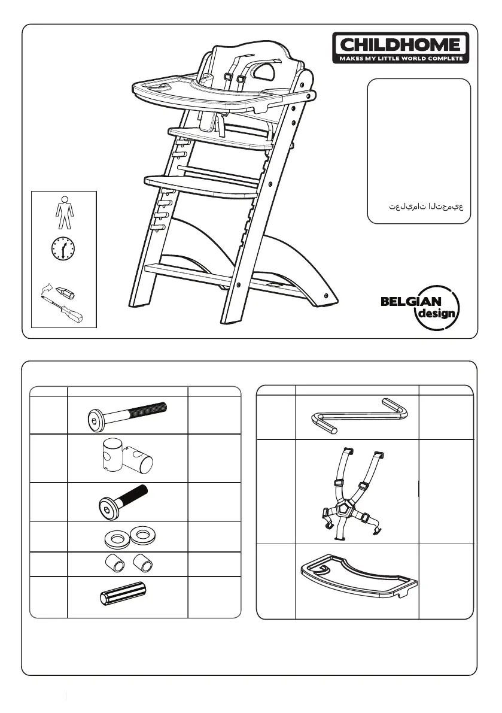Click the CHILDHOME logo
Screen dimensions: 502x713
401,44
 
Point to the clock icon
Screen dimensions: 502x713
63,248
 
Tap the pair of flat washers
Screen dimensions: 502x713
127,536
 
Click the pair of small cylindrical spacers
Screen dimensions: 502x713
127,563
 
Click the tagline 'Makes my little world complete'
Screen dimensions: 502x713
401,59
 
